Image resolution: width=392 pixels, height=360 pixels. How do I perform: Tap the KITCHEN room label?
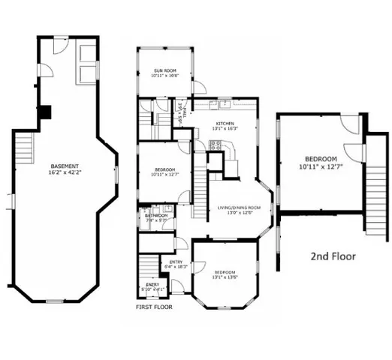225,123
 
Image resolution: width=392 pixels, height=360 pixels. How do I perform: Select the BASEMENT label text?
66,166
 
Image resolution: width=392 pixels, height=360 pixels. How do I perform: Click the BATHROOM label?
155,215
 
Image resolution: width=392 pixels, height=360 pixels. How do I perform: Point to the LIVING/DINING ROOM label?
239,207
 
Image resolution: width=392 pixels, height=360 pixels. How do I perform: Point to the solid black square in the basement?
46,112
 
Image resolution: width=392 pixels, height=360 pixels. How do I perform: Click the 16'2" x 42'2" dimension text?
66,172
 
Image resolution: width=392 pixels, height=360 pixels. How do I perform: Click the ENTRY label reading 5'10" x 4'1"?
152,286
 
